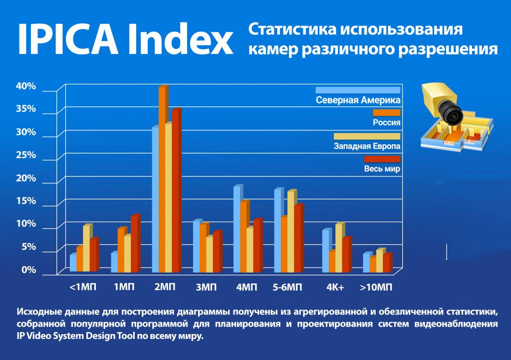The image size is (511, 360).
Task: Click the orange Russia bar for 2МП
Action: click(162, 180)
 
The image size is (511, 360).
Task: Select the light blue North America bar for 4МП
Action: click(237, 230)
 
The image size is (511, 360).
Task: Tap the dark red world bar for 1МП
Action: click(134, 244)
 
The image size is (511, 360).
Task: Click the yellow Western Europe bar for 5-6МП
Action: click(291, 232)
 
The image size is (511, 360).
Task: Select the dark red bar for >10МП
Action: click(387, 264)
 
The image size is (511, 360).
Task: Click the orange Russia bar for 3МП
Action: click(203, 248)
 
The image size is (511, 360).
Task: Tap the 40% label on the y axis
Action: click(26, 86)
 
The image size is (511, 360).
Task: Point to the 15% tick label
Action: click(26, 201)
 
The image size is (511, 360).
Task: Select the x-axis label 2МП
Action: click(165, 288)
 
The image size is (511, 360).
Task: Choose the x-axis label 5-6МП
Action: click(287, 288)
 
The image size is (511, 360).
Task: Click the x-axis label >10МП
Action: click(376, 288)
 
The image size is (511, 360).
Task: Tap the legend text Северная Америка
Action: click(358, 100)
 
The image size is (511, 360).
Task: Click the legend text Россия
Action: click(387, 122)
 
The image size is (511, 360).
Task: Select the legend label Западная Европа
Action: click(367, 146)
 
